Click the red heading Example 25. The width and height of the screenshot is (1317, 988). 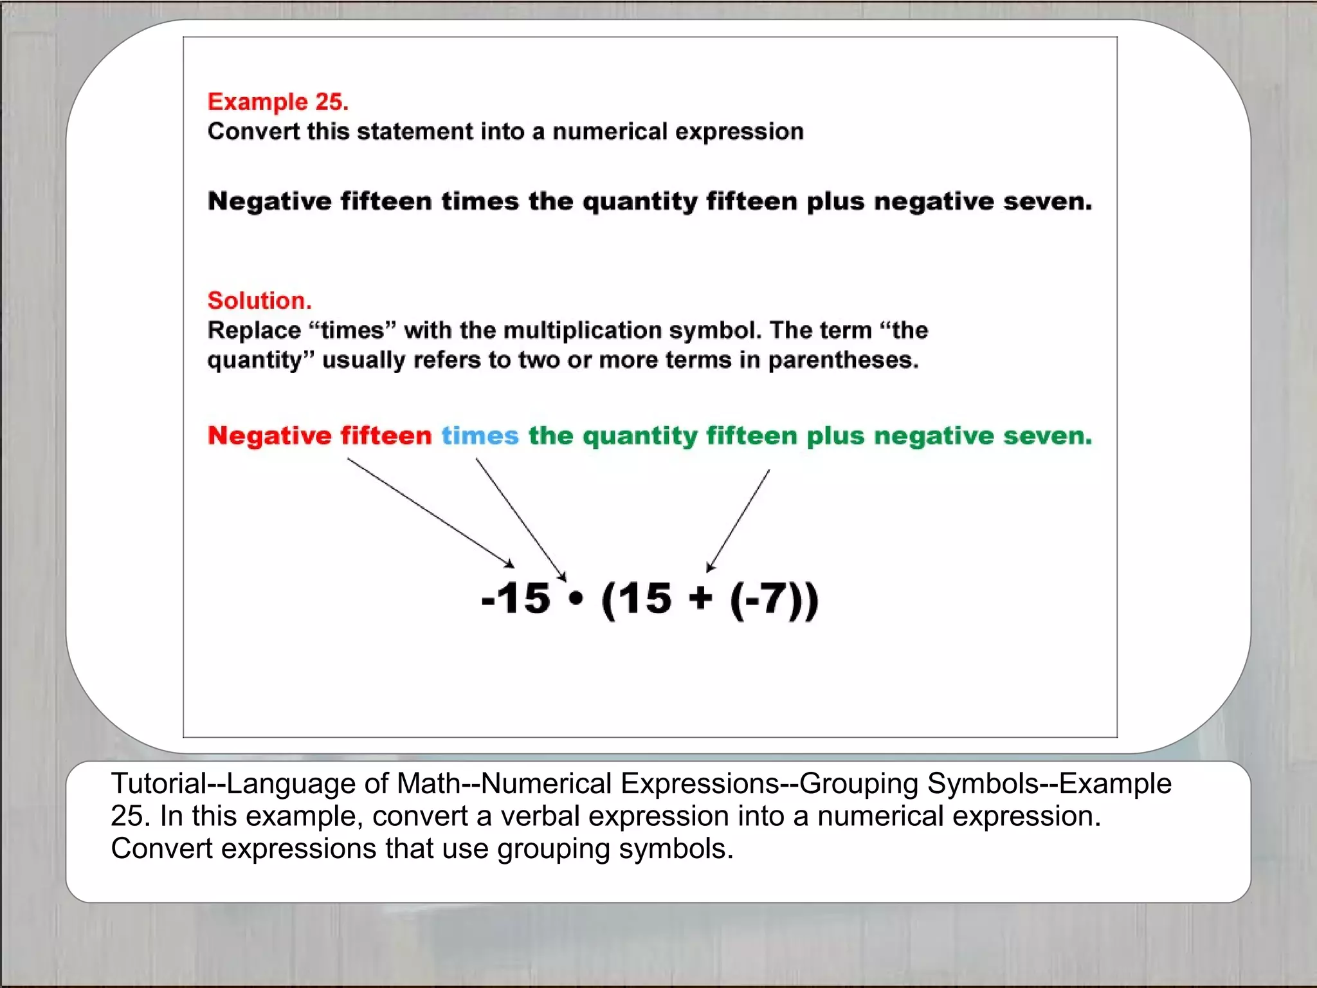pos(278,102)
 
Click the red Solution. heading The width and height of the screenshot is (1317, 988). pos(259,300)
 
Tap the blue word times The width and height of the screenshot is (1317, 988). pos(480,436)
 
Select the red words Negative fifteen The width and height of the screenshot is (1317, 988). pos(320,436)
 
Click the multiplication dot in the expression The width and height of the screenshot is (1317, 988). pos(576,599)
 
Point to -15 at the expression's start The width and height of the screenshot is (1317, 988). pos(516,599)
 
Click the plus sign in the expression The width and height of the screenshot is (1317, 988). pos(700,598)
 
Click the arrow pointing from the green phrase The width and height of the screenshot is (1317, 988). pos(738,520)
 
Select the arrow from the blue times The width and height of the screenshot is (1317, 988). pos(521,520)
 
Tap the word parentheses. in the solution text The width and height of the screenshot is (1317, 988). pos(843,360)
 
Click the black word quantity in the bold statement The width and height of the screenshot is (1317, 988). pos(639,202)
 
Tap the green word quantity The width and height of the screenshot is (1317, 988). pos(639,437)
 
